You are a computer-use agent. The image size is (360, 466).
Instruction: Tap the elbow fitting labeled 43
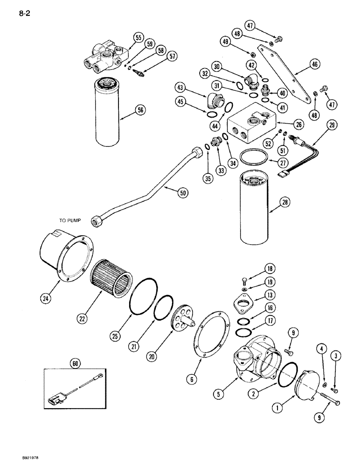pyautogui.click(x=215, y=100)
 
